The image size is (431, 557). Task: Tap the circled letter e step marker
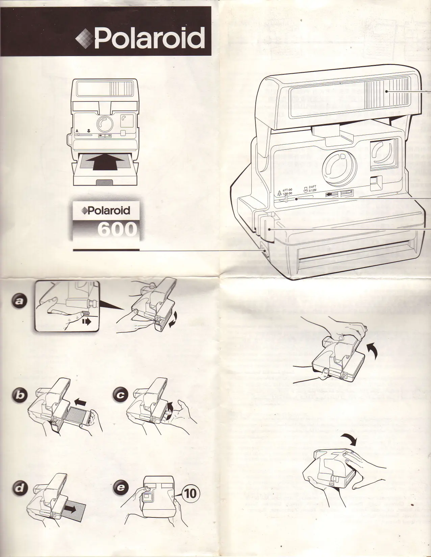coord(120,488)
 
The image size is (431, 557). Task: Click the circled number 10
coord(190,493)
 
